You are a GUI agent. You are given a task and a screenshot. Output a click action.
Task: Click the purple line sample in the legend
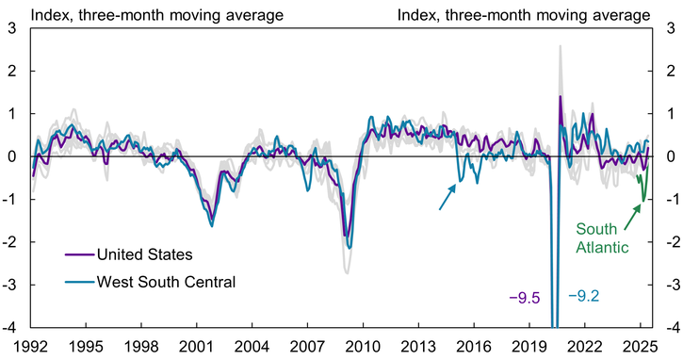[x=84, y=254]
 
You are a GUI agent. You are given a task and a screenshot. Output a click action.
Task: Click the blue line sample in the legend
[x=84, y=280]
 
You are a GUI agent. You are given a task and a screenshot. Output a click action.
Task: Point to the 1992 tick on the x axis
[x=31, y=344]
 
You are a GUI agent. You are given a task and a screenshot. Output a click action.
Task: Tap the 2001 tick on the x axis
[x=197, y=344]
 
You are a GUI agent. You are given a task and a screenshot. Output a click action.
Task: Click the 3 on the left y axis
[x=12, y=28]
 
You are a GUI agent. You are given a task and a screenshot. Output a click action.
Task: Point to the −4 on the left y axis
[x=9, y=327]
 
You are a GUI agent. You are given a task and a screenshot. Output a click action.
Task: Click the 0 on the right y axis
[x=670, y=156]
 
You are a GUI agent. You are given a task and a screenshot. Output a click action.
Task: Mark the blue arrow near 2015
[x=447, y=196]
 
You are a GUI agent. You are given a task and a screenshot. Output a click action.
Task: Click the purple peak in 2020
[x=561, y=96]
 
